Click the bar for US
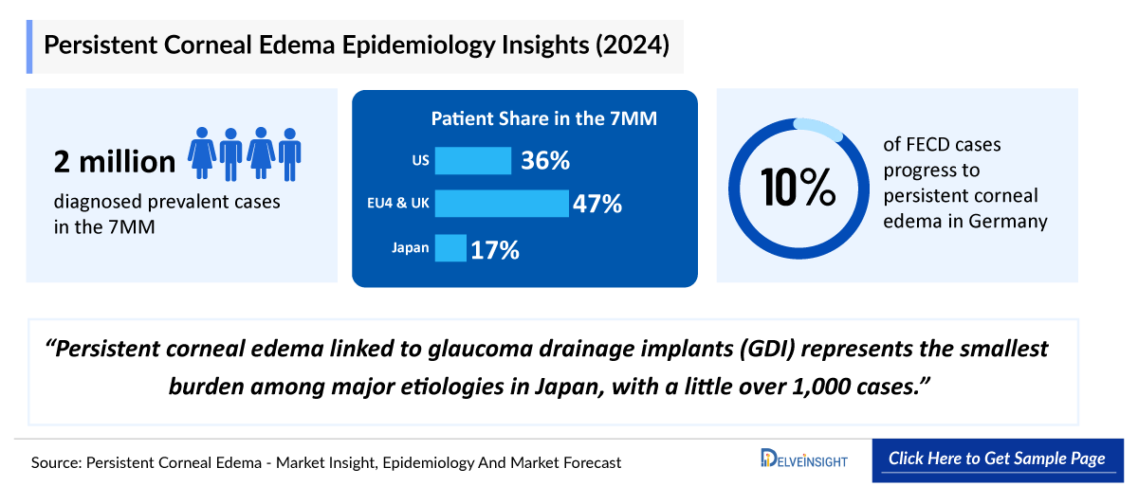472,161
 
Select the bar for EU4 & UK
501,204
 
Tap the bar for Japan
450,248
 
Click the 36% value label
544,161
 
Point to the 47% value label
597,204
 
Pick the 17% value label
495,250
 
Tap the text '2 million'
115,162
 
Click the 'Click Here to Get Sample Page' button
997,459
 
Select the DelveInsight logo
804,459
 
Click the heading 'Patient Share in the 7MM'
544,118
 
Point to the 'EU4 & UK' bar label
399,205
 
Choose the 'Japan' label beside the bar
411,248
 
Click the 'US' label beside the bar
420,161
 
